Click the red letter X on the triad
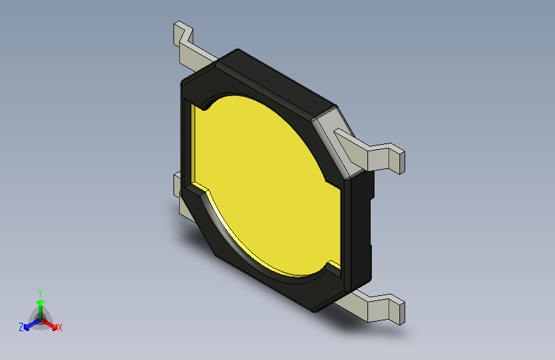click(x=60, y=327)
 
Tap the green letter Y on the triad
click(x=40, y=291)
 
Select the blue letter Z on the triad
click(x=21, y=327)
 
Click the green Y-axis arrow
click(x=40, y=305)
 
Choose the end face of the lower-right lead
click(x=399, y=311)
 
